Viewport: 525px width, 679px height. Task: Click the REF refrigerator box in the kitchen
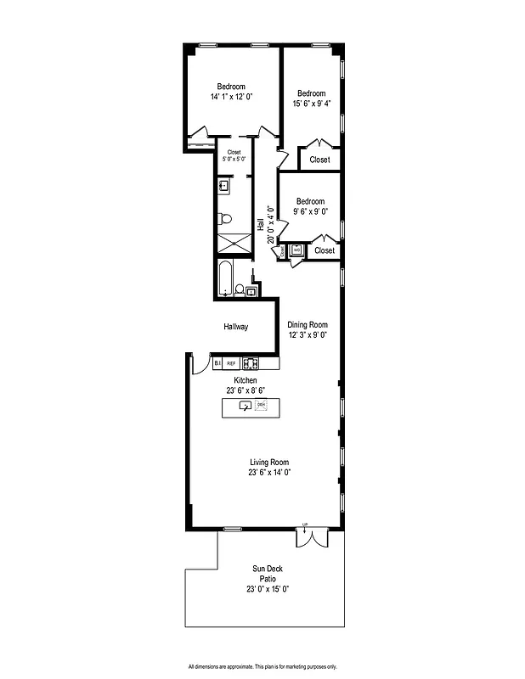point(231,363)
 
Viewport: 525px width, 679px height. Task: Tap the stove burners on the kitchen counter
point(250,363)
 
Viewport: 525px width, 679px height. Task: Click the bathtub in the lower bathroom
point(225,279)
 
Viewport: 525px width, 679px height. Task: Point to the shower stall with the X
point(234,242)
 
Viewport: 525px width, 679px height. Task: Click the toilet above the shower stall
point(224,218)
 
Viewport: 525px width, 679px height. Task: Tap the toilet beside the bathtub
point(240,290)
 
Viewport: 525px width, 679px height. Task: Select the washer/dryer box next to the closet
point(296,250)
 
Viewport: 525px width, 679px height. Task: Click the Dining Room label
point(307,324)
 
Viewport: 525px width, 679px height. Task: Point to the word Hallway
point(235,327)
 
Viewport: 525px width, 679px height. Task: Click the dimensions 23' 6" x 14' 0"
point(271,473)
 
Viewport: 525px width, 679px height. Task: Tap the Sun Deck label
point(268,569)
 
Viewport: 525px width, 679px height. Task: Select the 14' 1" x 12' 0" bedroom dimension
point(231,97)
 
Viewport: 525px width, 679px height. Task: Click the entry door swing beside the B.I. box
point(199,364)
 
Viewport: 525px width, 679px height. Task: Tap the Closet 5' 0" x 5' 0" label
point(234,155)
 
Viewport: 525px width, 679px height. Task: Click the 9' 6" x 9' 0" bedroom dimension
point(311,212)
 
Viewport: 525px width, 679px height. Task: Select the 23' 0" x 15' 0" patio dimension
point(268,589)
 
